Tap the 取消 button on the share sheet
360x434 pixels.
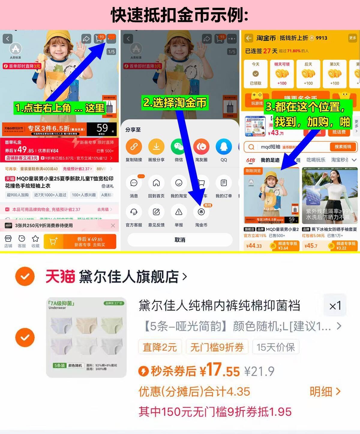pyautogui.click(x=180, y=240)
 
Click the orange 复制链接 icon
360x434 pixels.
pyautogui.click(x=134, y=147)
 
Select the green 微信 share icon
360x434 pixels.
pyautogui.click(x=179, y=147)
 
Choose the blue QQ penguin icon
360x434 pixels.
pyautogui.click(x=224, y=147)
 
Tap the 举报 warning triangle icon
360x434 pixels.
pyautogui.click(x=179, y=212)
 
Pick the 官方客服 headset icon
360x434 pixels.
pyautogui.click(x=134, y=212)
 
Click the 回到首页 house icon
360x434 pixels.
pyautogui.click(x=156, y=183)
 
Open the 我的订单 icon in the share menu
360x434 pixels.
pyautogui.click(x=224, y=183)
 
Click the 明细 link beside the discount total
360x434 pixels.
pyautogui.click(x=325, y=391)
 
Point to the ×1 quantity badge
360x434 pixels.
pyautogui.click(x=335, y=306)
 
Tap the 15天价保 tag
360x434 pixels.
pyautogui.click(x=276, y=347)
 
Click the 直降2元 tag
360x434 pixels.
pyautogui.click(x=160, y=347)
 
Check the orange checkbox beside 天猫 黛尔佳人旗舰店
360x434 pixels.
pyautogui.click(x=25, y=276)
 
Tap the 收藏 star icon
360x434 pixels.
pyautogui.click(x=35, y=239)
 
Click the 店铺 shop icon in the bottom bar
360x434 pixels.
pyautogui.click(x=8, y=239)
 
